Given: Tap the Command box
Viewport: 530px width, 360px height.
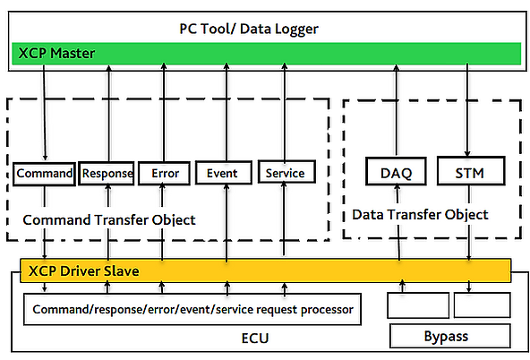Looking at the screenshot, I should click(x=44, y=173).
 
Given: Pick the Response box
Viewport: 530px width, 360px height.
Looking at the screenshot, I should click(x=107, y=173).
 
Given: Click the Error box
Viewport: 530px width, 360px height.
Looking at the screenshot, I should click(x=164, y=173).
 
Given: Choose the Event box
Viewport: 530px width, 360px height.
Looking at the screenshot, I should click(x=221, y=173).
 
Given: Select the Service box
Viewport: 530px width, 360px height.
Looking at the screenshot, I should click(x=284, y=173).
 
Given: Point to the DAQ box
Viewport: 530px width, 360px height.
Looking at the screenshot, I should click(x=395, y=171).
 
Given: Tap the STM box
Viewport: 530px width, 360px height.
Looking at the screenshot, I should click(x=469, y=171).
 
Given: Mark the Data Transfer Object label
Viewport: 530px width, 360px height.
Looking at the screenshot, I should click(x=421, y=215).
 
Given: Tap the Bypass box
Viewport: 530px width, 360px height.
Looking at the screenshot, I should click(x=449, y=337).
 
